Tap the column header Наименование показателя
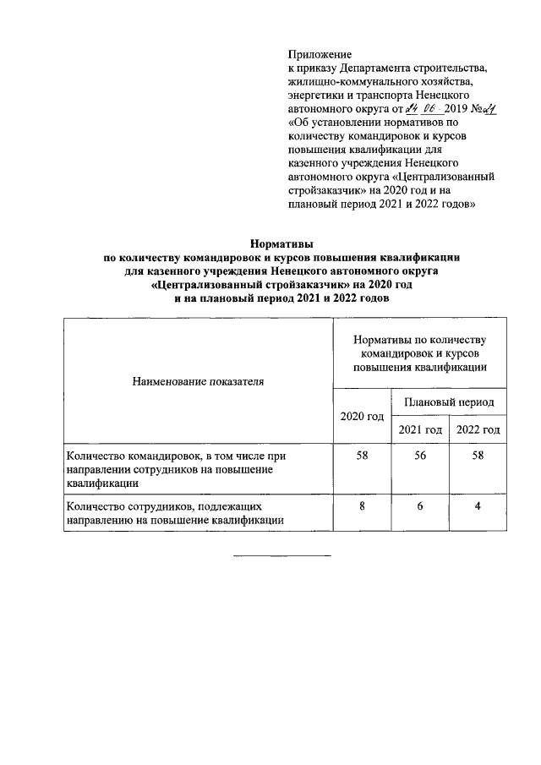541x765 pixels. (x=198, y=381)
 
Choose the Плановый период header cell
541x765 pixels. (x=448, y=402)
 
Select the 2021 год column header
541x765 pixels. (x=420, y=429)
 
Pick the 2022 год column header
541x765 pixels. (x=478, y=429)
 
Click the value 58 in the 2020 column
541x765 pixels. (x=362, y=456)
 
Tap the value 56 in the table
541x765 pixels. (x=420, y=456)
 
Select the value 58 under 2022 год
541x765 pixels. (x=478, y=456)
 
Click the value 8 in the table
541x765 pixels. (x=362, y=506)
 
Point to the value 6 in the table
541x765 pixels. (x=420, y=506)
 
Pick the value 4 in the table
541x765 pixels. (x=478, y=506)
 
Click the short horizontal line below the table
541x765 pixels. (x=282, y=556)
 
